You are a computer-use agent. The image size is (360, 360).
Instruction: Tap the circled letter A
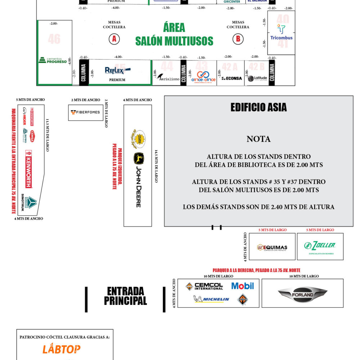114,39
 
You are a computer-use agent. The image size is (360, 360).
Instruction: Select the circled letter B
238,39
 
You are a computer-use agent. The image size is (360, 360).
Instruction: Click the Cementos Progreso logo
53,60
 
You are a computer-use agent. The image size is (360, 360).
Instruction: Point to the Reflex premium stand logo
117,70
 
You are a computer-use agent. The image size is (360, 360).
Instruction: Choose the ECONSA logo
232,78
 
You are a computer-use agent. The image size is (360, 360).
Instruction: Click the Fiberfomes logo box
85,112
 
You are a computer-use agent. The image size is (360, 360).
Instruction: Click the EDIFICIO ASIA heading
258,107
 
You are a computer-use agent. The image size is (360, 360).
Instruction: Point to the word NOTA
258,139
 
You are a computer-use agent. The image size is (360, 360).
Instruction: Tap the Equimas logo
272,247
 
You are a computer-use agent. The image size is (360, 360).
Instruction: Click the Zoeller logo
320,246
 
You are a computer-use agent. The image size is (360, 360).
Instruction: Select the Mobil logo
242,286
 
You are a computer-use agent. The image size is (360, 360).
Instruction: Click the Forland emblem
302,294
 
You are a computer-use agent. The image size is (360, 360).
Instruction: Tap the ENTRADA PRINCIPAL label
125,296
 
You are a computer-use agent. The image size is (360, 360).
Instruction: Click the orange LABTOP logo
62,349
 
